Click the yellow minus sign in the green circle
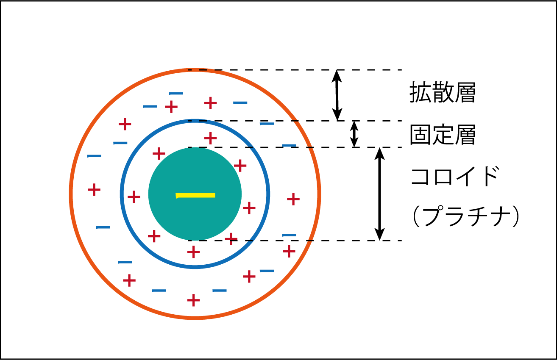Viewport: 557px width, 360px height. (x=195, y=196)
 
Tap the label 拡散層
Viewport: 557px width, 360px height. (x=443, y=92)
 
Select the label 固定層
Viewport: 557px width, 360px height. (x=443, y=135)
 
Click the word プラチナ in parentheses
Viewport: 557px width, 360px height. (x=465, y=216)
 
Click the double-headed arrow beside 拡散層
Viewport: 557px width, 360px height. (x=337, y=95)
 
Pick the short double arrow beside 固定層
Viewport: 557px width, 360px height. (x=354, y=134)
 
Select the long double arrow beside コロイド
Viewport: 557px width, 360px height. (x=379, y=194)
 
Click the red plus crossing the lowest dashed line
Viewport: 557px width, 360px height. (x=231, y=239)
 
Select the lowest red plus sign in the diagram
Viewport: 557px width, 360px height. (x=193, y=300)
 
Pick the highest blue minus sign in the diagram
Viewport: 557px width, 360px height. (x=176, y=94)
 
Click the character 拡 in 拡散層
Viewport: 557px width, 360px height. (x=421, y=92)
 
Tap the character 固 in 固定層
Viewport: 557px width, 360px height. (x=421, y=135)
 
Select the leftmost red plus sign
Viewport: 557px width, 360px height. (x=94, y=190)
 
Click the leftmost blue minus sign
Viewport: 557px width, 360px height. (x=94, y=156)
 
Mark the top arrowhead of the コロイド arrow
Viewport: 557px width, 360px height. (x=379, y=153)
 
